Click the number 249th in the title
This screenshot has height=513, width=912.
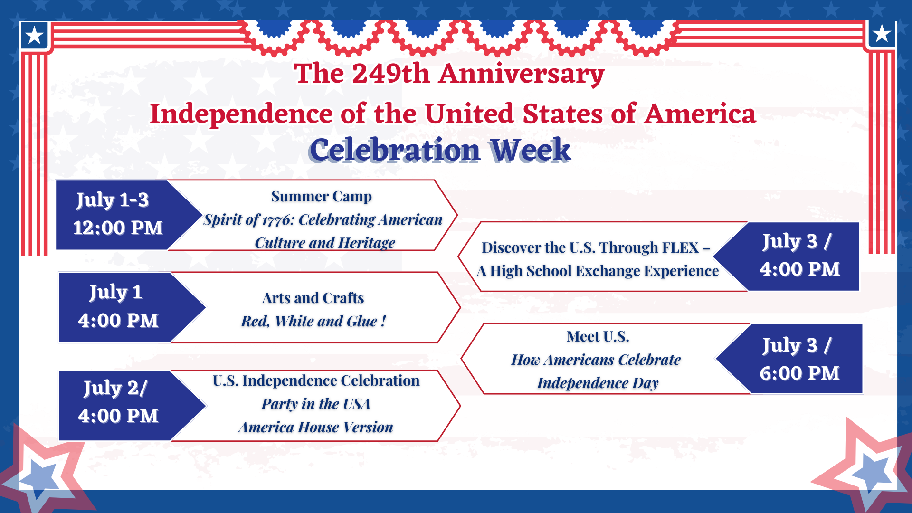click(390, 74)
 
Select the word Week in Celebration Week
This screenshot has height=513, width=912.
click(530, 150)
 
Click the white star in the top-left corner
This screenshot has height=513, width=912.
click(34, 35)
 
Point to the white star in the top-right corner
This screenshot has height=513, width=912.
click(882, 34)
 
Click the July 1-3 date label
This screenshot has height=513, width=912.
click(113, 200)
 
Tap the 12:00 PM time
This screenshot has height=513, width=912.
click(118, 228)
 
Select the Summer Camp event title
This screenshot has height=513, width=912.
click(322, 197)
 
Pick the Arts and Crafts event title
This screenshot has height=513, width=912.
click(313, 298)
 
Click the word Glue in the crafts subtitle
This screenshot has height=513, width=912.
click(362, 321)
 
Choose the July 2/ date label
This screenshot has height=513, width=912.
click(115, 389)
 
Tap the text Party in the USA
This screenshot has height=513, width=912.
click(315, 404)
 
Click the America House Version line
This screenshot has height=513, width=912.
click(316, 427)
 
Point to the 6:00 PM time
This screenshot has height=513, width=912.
click(799, 373)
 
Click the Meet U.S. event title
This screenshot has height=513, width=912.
click(598, 337)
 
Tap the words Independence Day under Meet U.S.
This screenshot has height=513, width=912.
click(598, 383)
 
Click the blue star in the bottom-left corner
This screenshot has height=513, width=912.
click(40, 476)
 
